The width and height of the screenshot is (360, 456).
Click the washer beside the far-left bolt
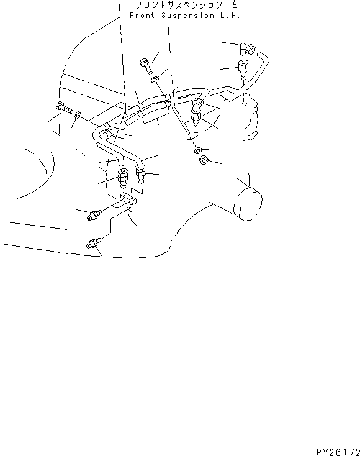click(78, 115)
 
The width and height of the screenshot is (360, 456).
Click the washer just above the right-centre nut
click(197, 150)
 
